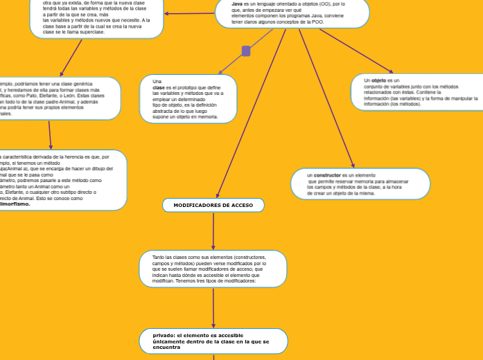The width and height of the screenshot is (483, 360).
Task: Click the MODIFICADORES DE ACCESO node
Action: [213, 206]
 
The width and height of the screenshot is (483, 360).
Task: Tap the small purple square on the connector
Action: [246, 51]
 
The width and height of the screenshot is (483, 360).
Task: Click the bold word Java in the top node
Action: [237, 4]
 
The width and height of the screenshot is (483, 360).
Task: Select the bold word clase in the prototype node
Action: [159, 88]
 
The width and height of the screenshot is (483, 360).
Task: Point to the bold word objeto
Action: [378, 80]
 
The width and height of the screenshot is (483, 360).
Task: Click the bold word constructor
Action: [327, 175]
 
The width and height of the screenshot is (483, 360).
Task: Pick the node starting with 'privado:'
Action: [213, 341]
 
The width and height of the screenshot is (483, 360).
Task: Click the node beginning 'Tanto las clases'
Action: [213, 269]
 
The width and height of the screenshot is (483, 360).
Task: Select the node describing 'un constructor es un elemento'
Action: [360, 184]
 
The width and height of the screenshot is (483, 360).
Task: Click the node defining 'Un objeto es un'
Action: [416, 92]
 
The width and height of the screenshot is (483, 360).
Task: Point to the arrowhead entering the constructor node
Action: [353, 165]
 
